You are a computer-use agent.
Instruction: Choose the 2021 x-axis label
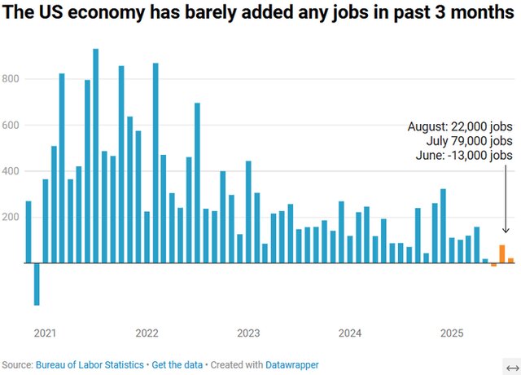click(46, 333)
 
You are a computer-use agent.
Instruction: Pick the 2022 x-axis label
click(147, 333)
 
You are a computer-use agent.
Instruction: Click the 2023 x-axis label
click(248, 333)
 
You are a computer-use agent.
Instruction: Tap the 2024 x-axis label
click(350, 333)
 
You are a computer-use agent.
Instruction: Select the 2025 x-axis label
click(452, 333)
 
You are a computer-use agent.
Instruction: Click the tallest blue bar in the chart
click(96, 155)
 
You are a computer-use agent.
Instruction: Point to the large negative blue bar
click(37, 284)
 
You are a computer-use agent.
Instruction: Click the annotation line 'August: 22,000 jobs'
click(460, 126)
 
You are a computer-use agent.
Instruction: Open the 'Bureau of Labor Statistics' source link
click(90, 364)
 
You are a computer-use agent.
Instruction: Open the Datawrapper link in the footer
click(289, 364)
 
